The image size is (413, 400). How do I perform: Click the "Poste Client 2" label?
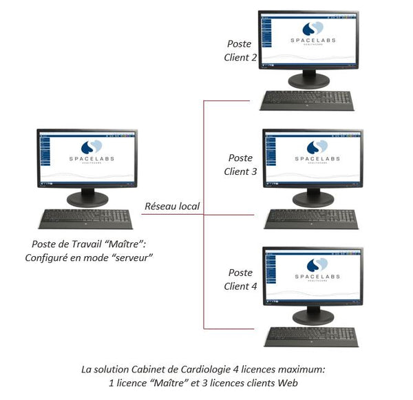(x=240, y=51)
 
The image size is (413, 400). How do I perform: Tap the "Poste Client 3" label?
(x=240, y=165)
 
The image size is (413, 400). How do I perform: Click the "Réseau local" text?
(x=171, y=206)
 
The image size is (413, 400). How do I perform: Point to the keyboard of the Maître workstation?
(x=86, y=219)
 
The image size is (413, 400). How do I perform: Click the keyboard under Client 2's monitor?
(x=307, y=101)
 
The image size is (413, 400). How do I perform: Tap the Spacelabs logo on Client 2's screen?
(x=313, y=28)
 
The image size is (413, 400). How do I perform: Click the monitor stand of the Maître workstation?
(x=87, y=198)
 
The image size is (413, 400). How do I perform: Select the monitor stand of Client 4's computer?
(x=313, y=316)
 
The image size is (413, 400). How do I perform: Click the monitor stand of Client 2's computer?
(x=308, y=80)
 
